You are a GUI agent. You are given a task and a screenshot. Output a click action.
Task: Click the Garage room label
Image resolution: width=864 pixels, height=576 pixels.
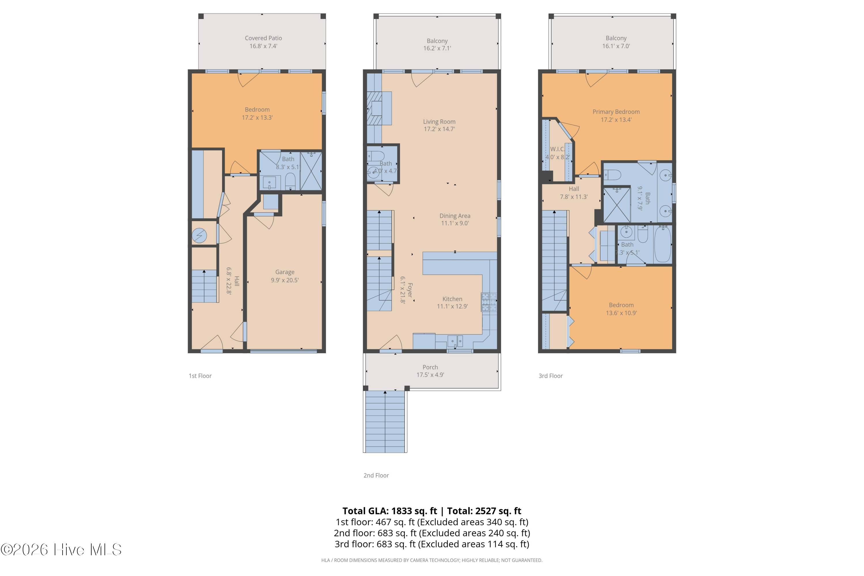pos(285,272)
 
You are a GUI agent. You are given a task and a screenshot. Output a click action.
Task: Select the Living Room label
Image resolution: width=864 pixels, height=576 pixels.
pos(439,122)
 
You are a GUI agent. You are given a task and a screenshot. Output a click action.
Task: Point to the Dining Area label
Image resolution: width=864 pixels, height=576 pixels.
pos(455,216)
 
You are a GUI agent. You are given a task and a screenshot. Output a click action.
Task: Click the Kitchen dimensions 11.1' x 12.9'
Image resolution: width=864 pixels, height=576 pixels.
pos(452,306)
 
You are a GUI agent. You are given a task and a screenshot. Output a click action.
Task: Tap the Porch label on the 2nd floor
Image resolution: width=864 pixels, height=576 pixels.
pos(430,367)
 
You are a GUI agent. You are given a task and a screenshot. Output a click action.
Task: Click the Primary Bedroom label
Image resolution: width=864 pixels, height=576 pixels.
pos(616,112)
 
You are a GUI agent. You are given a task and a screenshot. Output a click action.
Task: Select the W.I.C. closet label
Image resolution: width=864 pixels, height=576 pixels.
pos(557,149)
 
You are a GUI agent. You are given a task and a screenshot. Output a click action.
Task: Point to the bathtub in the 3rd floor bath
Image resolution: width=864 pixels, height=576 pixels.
pos(663,244)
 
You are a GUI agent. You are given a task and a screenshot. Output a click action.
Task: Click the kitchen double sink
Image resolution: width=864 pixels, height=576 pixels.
pos(455,341)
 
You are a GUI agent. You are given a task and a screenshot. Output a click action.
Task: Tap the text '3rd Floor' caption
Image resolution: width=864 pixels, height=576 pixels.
pos(550,376)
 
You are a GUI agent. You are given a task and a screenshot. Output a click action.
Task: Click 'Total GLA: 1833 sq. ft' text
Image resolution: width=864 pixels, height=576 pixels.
pos(389,511)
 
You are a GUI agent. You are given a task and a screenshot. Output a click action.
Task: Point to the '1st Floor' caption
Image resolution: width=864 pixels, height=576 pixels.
pos(200,376)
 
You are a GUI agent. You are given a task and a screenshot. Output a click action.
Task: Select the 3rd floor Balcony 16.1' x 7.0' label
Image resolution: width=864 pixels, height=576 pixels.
pos(616,42)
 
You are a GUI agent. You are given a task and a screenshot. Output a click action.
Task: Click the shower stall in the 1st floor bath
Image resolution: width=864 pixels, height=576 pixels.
pos(311,171)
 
